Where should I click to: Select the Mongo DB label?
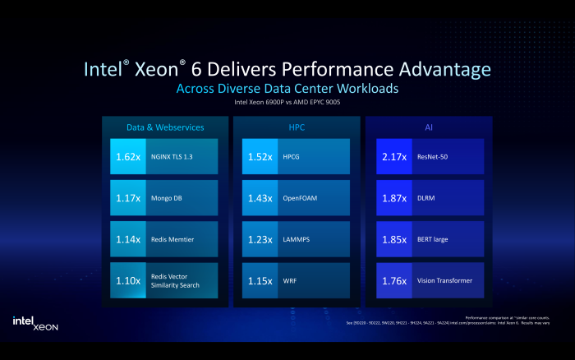(168, 197)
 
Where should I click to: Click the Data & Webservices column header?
(165, 127)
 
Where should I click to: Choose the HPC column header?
(297, 127)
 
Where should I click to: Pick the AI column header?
(427, 127)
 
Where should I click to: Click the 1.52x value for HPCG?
(259, 156)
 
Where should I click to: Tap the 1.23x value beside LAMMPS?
(259, 239)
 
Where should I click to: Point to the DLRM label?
(426, 197)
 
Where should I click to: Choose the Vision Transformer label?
(444, 280)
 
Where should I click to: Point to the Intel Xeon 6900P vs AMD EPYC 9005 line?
(287, 103)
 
